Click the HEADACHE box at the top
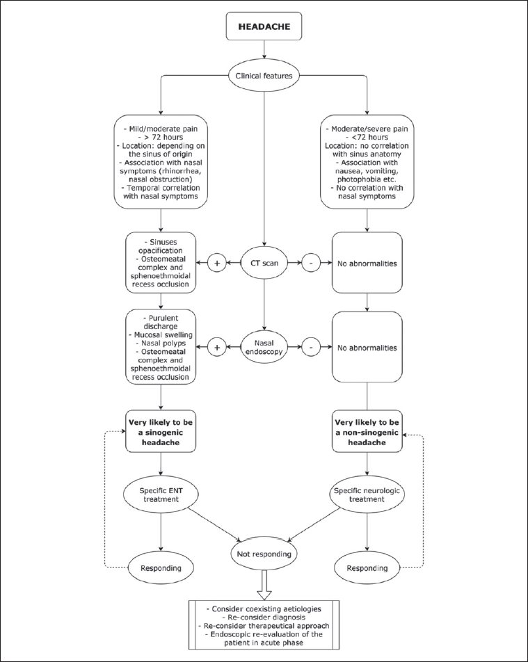click(x=264, y=26)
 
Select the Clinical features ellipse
click(x=264, y=76)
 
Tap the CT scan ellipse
click(x=264, y=263)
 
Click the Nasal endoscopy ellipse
click(x=264, y=348)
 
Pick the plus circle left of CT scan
click(x=217, y=263)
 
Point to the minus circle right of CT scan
click(x=311, y=263)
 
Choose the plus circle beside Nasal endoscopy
click(x=217, y=348)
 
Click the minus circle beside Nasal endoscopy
click(x=311, y=348)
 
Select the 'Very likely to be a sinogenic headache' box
click(x=161, y=432)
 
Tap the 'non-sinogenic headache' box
click(x=367, y=432)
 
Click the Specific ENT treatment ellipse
click(x=161, y=494)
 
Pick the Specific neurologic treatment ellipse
click(x=367, y=494)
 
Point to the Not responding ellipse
click(x=264, y=554)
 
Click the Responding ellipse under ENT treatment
click(x=161, y=568)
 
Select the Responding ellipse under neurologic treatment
click(x=367, y=568)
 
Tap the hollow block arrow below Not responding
click(x=264, y=585)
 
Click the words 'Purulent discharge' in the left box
click(x=161, y=322)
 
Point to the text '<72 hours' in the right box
click(x=367, y=137)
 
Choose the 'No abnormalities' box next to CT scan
click(x=367, y=263)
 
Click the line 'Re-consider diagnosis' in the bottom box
click(x=264, y=617)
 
